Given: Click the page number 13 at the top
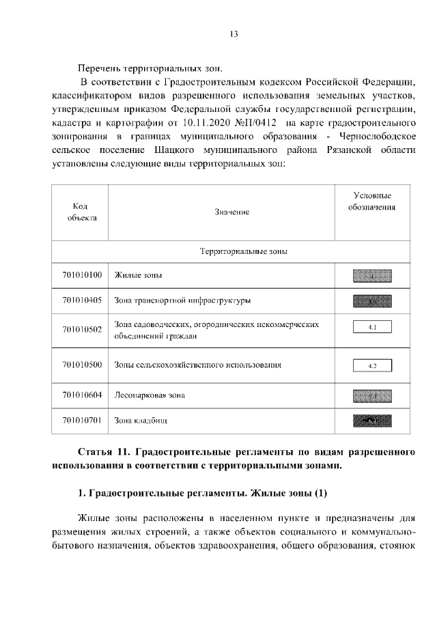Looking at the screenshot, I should pyautogui.click(x=233, y=33).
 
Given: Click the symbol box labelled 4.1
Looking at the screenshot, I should pyautogui.click(x=372, y=328).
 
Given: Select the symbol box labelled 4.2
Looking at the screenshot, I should pyautogui.click(x=372, y=365).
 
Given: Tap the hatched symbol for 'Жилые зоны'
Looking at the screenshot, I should pyautogui.click(x=372, y=276).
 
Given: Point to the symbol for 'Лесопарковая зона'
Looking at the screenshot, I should pyautogui.click(x=372, y=395).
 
